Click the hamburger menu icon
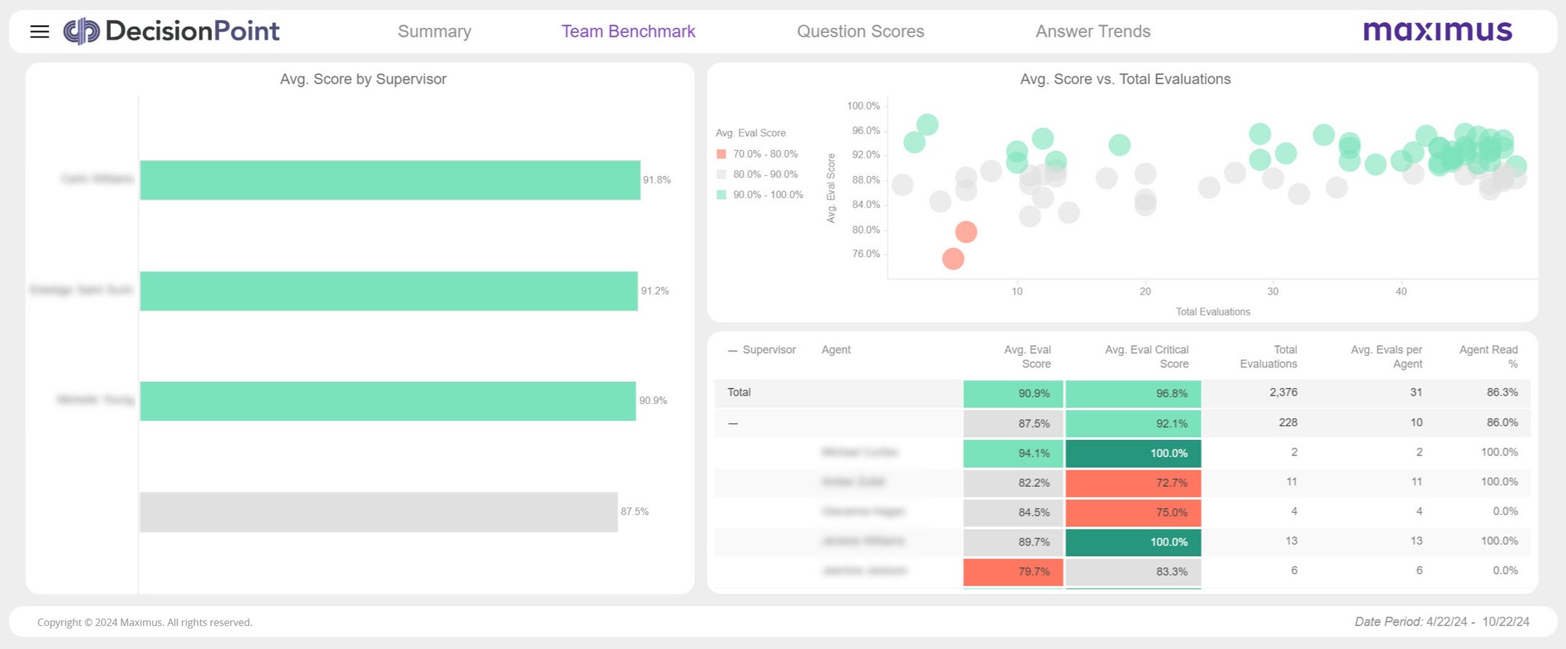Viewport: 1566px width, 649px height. (40, 31)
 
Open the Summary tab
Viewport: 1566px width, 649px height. (434, 31)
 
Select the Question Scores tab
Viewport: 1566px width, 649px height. (860, 31)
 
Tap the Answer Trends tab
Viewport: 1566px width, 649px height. (1093, 31)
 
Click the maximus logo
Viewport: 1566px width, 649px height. (1438, 31)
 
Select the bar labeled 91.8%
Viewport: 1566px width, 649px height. (390, 180)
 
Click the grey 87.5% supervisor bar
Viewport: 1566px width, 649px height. (379, 512)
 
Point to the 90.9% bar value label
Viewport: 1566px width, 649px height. (653, 400)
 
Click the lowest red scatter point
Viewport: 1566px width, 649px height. (953, 259)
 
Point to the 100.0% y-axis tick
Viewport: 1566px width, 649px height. (863, 106)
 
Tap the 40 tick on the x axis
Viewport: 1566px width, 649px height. (1401, 292)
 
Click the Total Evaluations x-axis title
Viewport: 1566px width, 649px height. (1213, 311)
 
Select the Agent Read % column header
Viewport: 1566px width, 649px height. (1488, 357)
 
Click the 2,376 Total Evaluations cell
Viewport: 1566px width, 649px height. (1283, 393)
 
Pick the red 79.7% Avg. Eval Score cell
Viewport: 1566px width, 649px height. (1013, 572)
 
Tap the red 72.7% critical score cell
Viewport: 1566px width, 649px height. (1133, 483)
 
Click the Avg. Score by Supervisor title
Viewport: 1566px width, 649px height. (363, 79)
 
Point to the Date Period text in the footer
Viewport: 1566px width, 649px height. (1441, 621)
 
